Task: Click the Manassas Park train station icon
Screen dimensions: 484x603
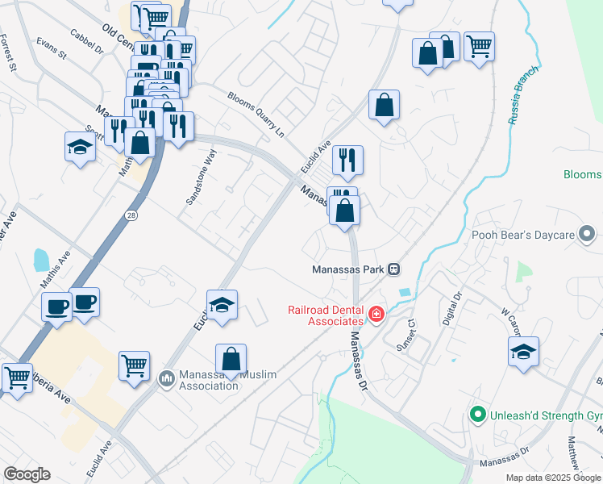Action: click(394, 269)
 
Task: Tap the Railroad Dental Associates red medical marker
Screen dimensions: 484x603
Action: click(375, 314)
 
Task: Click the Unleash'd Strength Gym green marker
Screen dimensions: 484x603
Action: click(477, 415)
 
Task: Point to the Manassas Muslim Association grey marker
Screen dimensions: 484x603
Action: click(167, 378)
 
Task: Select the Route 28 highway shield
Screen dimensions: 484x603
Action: click(131, 215)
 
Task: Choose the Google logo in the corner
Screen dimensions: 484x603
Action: click(27, 474)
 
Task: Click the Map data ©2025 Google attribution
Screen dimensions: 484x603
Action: click(553, 478)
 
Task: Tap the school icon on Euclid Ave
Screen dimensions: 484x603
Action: click(222, 304)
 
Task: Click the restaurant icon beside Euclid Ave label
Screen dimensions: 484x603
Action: click(347, 160)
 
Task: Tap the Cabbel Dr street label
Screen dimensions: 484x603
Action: click(88, 43)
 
